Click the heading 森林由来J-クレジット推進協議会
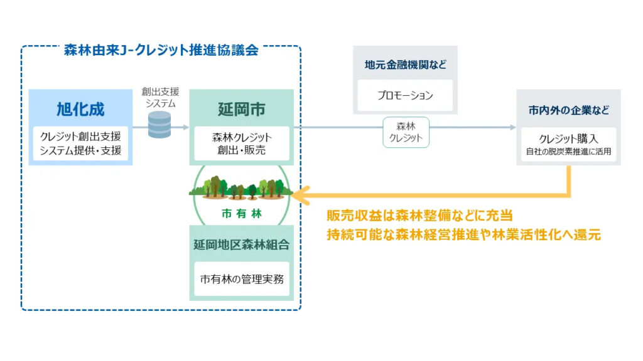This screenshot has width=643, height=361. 161,51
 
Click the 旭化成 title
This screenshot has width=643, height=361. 81,109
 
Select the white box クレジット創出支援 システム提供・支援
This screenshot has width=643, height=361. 81,144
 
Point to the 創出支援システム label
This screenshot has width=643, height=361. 160,98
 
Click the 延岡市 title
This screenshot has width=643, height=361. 241,109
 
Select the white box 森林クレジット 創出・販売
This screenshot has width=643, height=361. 241,144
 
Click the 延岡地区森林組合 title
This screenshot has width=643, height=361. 241,244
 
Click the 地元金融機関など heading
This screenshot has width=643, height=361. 405,65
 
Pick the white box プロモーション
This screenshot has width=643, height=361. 405,96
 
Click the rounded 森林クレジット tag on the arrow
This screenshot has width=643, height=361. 406,132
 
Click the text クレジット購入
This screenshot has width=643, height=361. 568,139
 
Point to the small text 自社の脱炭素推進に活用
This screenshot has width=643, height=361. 568,151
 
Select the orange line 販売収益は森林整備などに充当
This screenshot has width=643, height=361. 419,216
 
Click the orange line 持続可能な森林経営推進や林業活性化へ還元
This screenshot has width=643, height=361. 463,236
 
